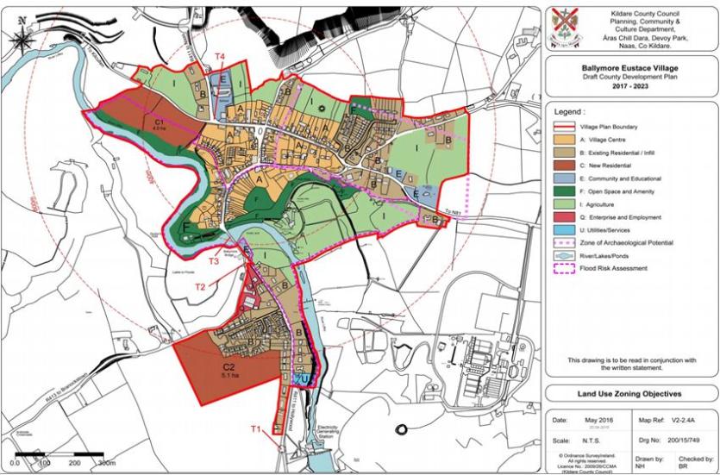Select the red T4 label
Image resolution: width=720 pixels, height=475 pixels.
pyautogui.click(x=220, y=57)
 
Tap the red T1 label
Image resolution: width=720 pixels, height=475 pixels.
pyautogui.click(x=255, y=429)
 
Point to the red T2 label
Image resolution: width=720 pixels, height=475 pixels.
pyautogui.click(x=200, y=286)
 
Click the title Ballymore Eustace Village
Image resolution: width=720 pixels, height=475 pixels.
pyautogui.click(x=629, y=66)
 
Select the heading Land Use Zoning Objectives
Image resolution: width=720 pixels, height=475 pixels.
pyautogui.click(x=629, y=393)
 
